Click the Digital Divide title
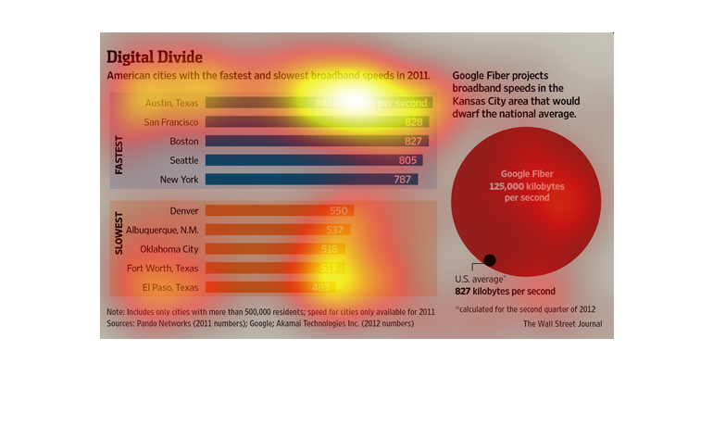click(155, 57)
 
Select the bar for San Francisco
click(306, 121)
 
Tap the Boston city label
click(183, 141)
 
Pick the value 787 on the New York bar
click(402, 180)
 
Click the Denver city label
click(184, 211)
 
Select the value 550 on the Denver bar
click(338, 211)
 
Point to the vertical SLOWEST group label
click(119, 237)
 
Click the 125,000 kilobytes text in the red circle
click(525, 185)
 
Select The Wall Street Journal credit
click(562, 324)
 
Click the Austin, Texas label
click(171, 103)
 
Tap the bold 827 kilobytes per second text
click(505, 291)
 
